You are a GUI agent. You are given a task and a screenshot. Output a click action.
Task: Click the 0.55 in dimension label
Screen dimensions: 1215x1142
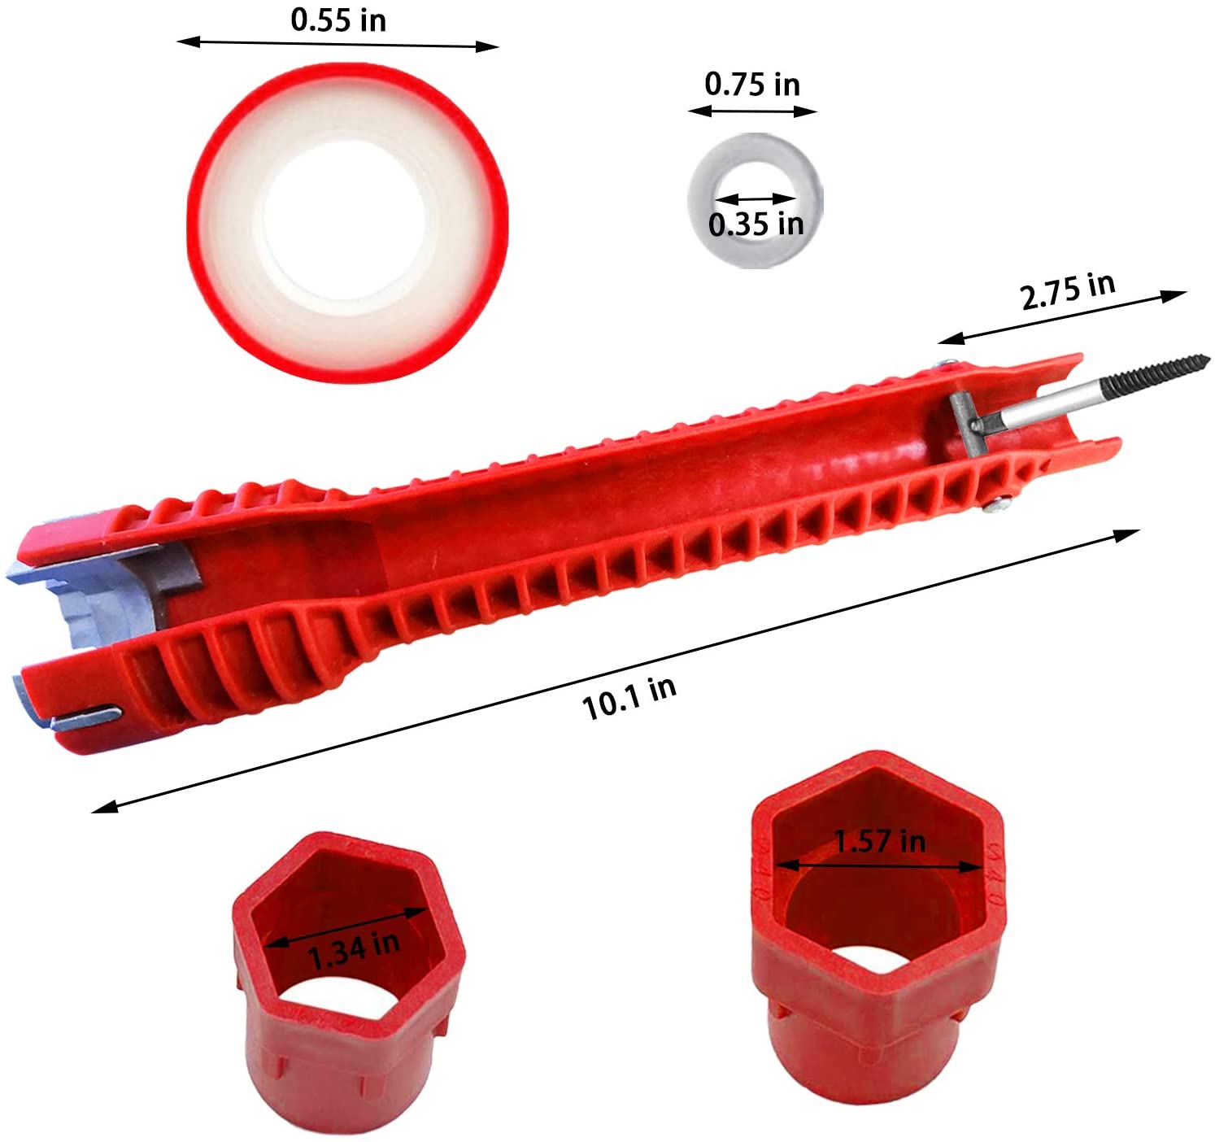pos(338,20)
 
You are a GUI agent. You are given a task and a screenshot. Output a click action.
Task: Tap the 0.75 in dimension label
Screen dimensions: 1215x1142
pos(752,84)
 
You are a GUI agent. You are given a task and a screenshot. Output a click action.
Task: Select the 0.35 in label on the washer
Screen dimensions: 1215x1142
pos(756,224)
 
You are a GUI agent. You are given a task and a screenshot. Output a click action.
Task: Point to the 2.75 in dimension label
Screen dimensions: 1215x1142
pos(1068,290)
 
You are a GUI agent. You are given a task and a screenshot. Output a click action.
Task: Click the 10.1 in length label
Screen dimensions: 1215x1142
pos(629,699)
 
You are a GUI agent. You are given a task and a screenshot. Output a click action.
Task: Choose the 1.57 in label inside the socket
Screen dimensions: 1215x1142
pos(880,841)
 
